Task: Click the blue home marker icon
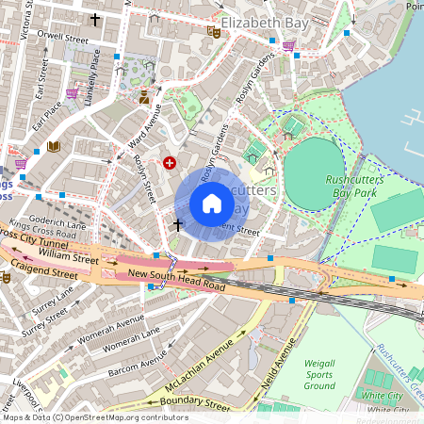coord(212,204)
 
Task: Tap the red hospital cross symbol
coord(170,163)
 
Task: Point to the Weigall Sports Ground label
coord(319,374)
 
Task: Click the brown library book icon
coord(54,146)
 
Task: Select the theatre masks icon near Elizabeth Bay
coord(214,31)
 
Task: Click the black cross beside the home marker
coord(178,225)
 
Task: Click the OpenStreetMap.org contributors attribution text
coord(127,417)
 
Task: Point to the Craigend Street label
coord(39,272)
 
